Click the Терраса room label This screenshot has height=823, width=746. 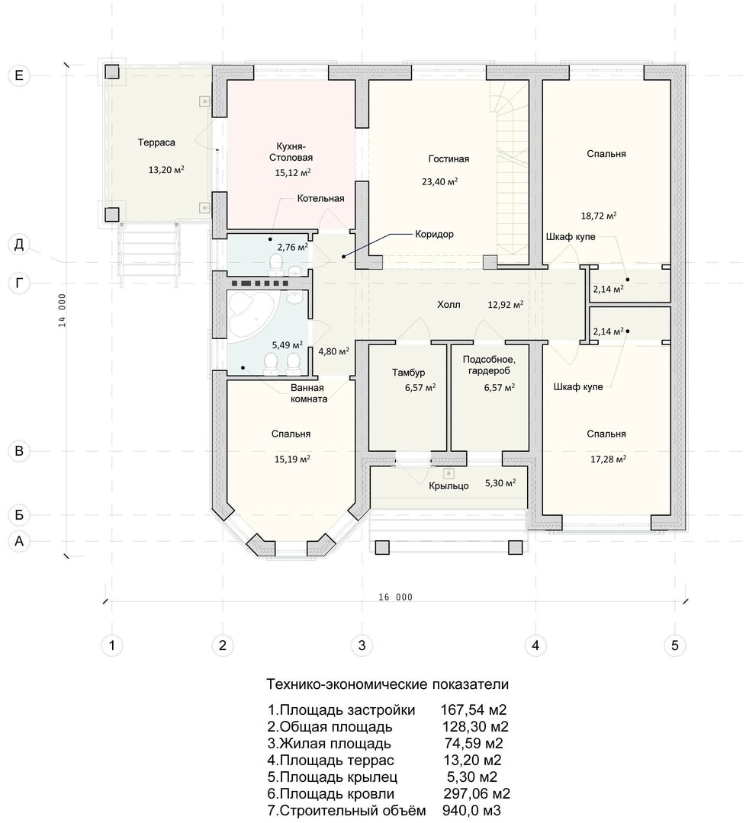tap(156, 143)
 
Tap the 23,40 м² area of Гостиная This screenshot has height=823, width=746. tap(439, 181)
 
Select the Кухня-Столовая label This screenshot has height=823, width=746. tap(291, 152)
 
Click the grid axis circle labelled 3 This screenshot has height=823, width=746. tap(362, 645)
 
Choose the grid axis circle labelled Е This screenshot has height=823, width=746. tap(19, 75)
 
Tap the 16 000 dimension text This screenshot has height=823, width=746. tap(396, 597)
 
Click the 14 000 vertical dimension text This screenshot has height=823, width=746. tap(62, 310)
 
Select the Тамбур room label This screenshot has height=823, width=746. tap(408, 373)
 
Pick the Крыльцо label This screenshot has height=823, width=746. tap(449, 486)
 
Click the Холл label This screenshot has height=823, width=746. tap(449, 304)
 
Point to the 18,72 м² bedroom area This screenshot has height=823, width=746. tap(598, 215)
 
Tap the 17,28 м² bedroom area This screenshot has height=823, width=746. tap(608, 460)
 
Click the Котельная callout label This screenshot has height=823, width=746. tap(320, 198)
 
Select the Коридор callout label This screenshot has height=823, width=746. tap(434, 234)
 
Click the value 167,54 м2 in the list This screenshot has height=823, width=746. tap(474, 710)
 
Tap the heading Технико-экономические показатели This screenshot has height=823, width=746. tap(387, 684)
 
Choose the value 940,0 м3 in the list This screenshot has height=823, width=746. tap(471, 810)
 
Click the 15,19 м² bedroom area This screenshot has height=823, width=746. tap(292, 460)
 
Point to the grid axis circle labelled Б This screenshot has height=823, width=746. tap(19, 515)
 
